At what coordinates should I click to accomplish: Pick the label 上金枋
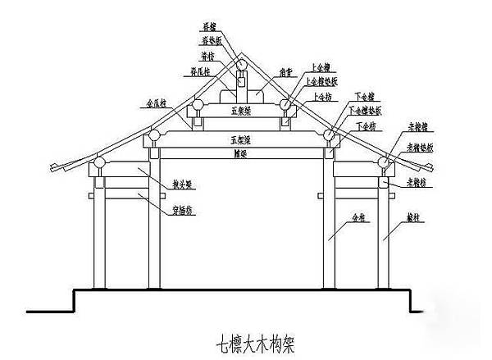323,97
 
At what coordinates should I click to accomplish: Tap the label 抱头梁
182,185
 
